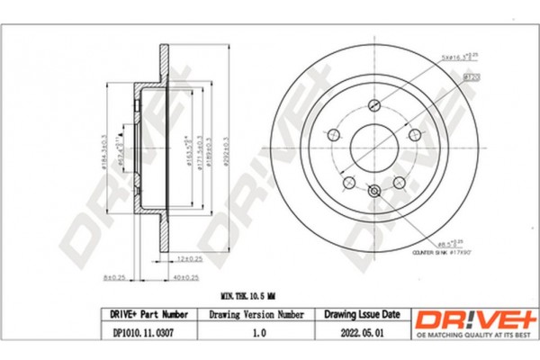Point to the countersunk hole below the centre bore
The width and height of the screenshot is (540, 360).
[x=373, y=190]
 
